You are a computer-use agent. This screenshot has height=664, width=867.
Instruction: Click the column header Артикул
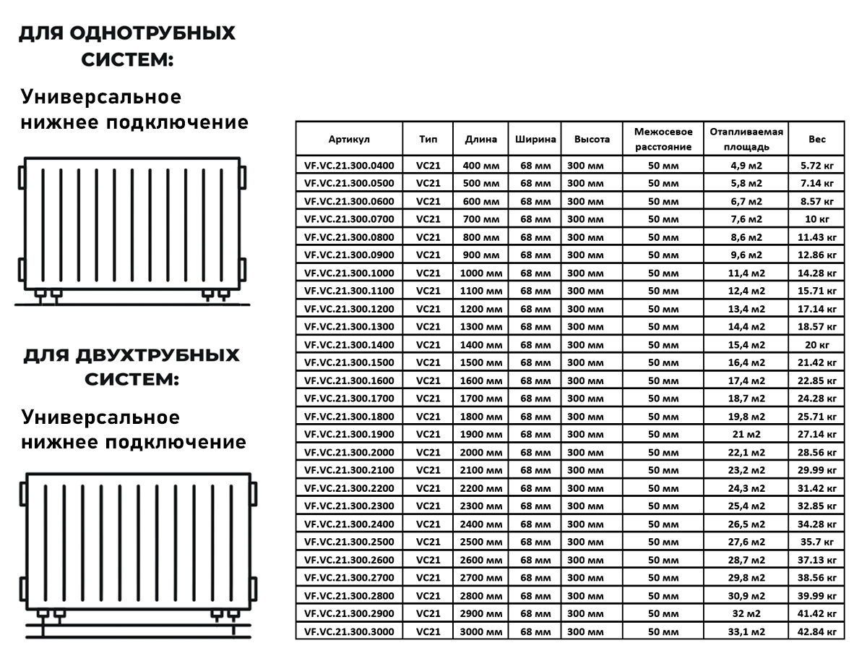pyautogui.click(x=349, y=139)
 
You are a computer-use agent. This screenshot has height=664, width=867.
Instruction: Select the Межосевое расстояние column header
pyautogui.click(x=663, y=139)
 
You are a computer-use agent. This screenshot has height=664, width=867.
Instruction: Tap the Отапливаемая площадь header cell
pyautogui.click(x=746, y=139)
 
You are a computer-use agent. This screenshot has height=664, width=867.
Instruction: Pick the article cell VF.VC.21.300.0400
pyautogui.click(x=349, y=165)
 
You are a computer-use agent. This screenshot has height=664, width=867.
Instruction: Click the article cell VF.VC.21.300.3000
pyautogui.click(x=349, y=631)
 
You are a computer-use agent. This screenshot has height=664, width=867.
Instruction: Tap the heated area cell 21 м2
pyautogui.click(x=746, y=434)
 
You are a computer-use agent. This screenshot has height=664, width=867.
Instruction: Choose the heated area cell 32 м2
pyautogui.click(x=746, y=613)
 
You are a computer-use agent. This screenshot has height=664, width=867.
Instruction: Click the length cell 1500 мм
pyautogui.click(x=480, y=362)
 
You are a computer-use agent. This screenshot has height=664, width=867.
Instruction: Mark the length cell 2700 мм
pyautogui.click(x=480, y=577)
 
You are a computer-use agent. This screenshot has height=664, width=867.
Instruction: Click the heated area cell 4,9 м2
pyautogui.click(x=746, y=165)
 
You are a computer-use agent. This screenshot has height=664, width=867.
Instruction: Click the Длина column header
pyautogui.click(x=480, y=139)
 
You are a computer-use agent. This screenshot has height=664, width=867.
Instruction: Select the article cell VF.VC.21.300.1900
pyautogui.click(x=349, y=434)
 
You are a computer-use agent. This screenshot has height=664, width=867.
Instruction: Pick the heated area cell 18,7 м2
pyautogui.click(x=746, y=399)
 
